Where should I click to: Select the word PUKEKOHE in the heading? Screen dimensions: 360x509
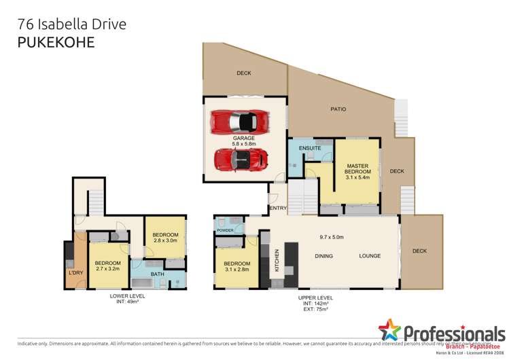[x=55, y=42]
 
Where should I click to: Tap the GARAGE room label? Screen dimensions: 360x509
[x=243, y=138]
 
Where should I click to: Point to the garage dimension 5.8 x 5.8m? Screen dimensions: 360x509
[x=243, y=144]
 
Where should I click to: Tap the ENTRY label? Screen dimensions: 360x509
[x=277, y=208]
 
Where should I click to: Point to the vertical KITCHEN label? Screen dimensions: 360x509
[x=277, y=261]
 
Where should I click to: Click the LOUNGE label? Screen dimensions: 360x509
[x=370, y=256]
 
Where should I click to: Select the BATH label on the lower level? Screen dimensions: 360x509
[x=158, y=274]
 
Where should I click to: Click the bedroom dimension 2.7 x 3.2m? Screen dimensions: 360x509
[x=107, y=269]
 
